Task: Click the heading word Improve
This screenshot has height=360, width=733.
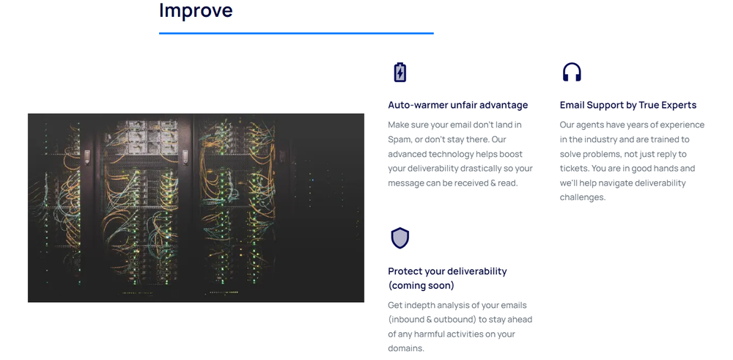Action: tap(196, 11)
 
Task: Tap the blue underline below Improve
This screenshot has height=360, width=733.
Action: tap(296, 33)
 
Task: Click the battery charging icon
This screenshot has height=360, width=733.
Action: tap(399, 72)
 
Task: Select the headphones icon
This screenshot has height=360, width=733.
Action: tap(572, 72)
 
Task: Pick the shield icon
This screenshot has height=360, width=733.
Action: tap(399, 238)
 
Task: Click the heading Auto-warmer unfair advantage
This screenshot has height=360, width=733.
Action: tap(457, 105)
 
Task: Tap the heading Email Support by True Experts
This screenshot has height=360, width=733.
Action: tap(627, 105)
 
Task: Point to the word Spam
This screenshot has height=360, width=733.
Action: tap(400, 139)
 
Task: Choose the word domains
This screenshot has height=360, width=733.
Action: tap(405, 348)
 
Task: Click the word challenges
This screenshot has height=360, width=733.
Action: tap(583, 197)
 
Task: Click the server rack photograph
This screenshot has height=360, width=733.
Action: tap(196, 207)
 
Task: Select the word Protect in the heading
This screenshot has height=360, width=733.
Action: tap(405, 271)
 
